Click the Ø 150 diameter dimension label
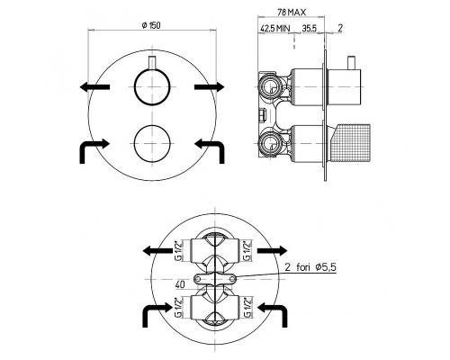(x=151, y=25)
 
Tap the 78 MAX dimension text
(x=292, y=13)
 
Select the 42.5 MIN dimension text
(x=274, y=29)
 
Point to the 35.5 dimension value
(x=310, y=29)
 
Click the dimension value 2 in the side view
(x=340, y=28)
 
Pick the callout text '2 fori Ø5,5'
(x=310, y=267)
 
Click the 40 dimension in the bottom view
(x=180, y=284)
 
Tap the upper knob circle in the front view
(x=152, y=87)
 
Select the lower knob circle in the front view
(x=152, y=143)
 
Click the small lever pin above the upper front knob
(x=152, y=63)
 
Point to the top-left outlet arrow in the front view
(x=94, y=87)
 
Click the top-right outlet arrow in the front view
(x=210, y=87)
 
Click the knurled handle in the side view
(x=350, y=143)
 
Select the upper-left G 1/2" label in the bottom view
(x=178, y=250)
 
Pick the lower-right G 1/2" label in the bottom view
(x=247, y=307)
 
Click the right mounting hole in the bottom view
(x=232, y=279)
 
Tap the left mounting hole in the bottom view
(x=198, y=279)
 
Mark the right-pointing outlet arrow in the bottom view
(x=273, y=250)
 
